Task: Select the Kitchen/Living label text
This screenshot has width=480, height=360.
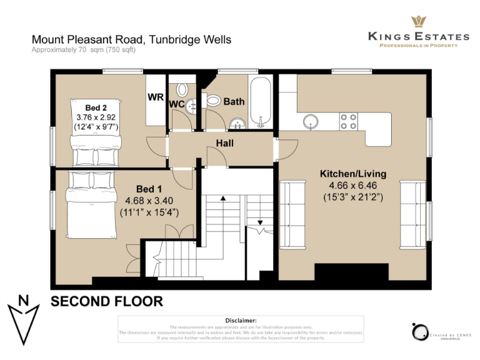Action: click(353, 174)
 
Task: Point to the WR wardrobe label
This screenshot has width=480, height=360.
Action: click(156, 97)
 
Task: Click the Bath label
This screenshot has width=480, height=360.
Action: click(234, 101)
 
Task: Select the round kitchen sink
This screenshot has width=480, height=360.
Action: click(311, 120)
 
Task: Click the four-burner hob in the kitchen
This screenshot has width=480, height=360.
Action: click(348, 121)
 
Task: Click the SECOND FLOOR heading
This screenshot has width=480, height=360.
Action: click(106, 301)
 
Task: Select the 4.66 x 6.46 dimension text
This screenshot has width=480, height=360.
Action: click(353, 186)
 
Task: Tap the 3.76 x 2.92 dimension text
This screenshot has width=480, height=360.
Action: click(96, 117)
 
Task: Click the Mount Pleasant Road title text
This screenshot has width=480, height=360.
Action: click(131, 39)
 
